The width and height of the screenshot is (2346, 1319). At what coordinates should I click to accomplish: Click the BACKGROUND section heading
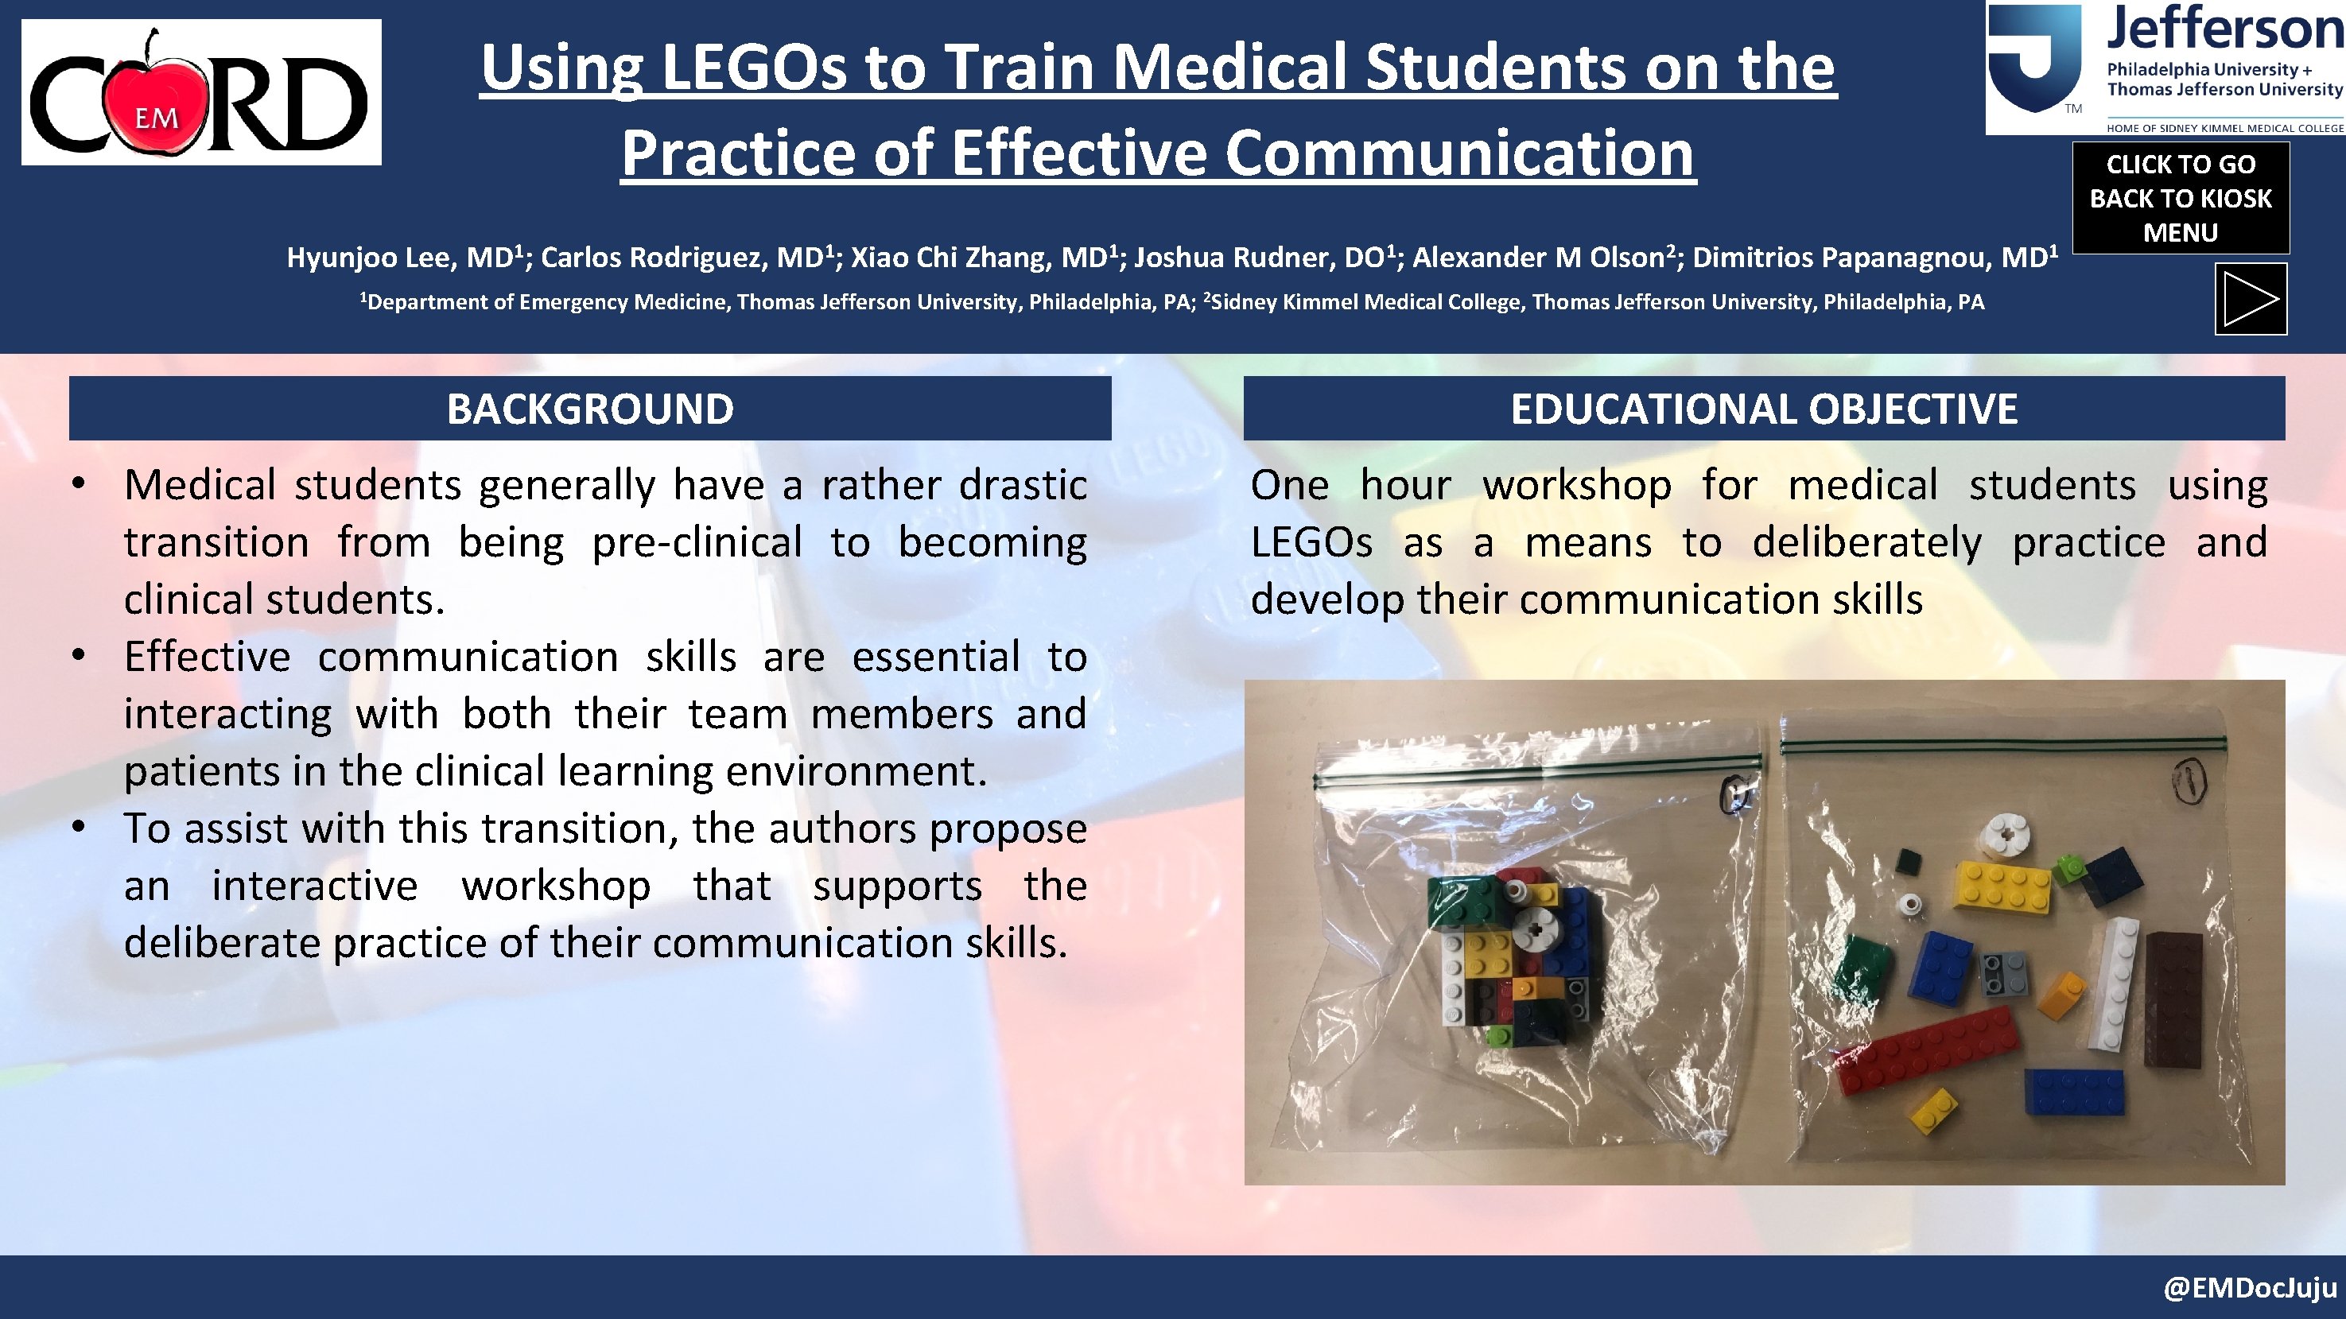[590, 409]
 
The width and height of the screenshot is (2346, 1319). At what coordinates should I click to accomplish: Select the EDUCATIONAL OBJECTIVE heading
[1764, 409]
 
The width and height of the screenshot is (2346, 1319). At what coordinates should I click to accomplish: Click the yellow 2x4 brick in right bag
[2002, 886]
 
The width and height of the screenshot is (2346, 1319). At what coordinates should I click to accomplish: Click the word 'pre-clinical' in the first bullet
[697, 542]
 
